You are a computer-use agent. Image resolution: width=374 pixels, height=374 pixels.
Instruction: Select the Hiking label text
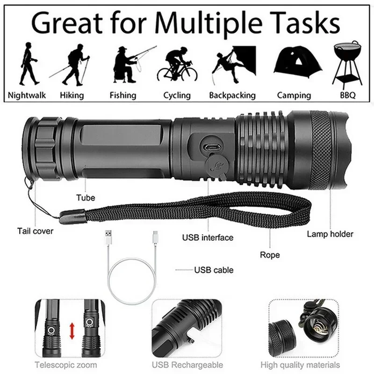[x=72, y=95]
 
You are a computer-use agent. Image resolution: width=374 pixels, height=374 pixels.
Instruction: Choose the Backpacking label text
[x=232, y=95]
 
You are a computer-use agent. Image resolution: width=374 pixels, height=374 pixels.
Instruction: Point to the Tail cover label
[x=36, y=231]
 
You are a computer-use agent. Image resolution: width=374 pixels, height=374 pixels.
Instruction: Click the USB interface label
[x=208, y=237]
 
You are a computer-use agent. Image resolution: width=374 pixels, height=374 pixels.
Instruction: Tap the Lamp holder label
[x=330, y=234]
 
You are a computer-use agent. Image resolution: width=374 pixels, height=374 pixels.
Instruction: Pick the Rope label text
[x=270, y=255]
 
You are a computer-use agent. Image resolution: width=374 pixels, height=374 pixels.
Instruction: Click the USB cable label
[x=214, y=270]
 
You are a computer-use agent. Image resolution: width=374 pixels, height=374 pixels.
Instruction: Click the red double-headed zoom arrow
[x=72, y=331]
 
